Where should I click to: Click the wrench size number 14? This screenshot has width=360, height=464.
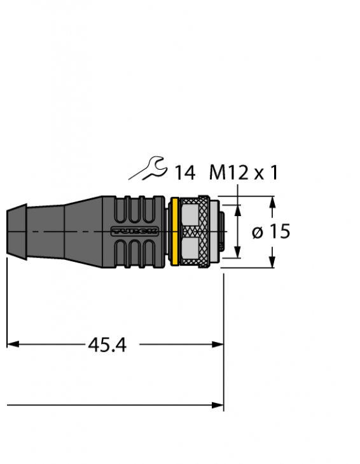(184, 172)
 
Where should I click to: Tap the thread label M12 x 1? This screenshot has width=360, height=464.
(244, 172)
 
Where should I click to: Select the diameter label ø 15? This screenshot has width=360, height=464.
(270, 232)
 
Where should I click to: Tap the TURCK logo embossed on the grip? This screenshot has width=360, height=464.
(134, 231)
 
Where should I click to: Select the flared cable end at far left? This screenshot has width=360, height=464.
(15, 231)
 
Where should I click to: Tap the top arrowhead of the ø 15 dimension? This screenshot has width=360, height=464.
(272, 201)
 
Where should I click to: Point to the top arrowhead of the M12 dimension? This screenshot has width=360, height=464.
(239, 209)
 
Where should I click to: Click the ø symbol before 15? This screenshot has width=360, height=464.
(258, 233)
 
